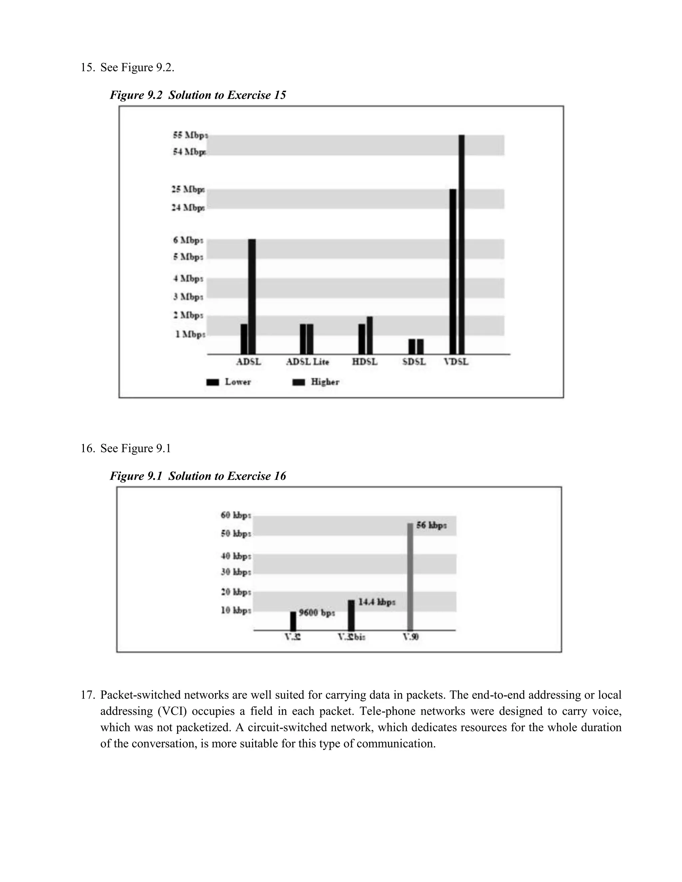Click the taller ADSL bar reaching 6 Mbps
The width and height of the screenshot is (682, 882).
252,297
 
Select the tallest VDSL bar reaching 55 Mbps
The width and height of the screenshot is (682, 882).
462,244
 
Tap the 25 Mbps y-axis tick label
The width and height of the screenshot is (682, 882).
188,189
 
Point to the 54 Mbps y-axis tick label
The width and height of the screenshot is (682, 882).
189,152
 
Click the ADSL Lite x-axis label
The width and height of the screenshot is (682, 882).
307,362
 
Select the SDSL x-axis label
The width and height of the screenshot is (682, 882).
414,362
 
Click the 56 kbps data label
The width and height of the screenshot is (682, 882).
431,526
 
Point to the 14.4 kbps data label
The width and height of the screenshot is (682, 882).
377,602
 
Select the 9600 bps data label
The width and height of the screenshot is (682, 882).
317,613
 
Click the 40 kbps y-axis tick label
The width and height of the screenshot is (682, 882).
236,556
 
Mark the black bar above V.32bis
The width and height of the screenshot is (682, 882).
351,615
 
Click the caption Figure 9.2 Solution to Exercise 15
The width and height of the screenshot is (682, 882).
198,95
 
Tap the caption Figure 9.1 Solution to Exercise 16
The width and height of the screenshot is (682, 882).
198,476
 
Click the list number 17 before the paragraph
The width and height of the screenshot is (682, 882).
87,695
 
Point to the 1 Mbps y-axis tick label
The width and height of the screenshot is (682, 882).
190,334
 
